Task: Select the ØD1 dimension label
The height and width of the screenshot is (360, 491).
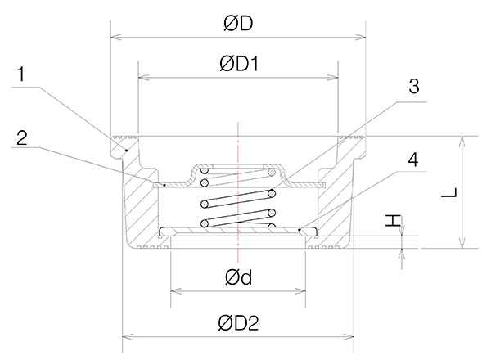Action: (x=238, y=64)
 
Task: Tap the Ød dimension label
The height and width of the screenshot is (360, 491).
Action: (x=238, y=278)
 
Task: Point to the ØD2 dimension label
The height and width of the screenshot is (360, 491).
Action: (x=238, y=322)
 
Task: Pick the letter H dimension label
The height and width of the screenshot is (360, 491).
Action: (x=394, y=220)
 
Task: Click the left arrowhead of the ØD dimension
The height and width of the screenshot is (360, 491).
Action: (x=115, y=37)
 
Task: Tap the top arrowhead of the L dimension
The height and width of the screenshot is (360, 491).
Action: (x=462, y=140)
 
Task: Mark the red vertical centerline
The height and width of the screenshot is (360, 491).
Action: (x=238, y=196)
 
